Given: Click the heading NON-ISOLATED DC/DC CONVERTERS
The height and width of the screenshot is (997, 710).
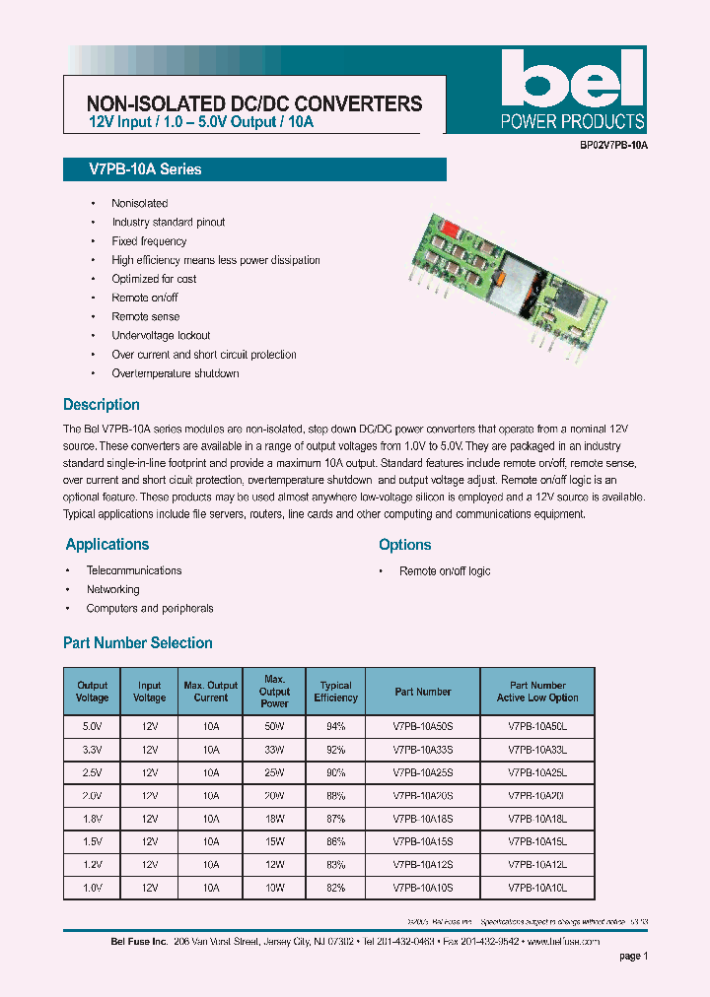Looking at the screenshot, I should (254, 103).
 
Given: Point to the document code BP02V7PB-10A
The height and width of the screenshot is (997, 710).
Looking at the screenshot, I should (613, 145).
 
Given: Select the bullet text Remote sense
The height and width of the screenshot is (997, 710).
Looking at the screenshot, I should (146, 316).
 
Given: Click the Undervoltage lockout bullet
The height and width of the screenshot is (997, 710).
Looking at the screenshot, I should (161, 335).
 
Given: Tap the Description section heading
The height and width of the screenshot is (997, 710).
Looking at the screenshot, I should (102, 405).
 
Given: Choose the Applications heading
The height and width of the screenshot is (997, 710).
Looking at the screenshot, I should (107, 545).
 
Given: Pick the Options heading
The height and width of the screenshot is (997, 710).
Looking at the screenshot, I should (405, 545).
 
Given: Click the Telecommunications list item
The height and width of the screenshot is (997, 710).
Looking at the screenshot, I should (134, 570).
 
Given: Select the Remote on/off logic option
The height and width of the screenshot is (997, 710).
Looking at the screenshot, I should (445, 571).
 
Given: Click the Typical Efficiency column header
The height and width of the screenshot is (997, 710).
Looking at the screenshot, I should (336, 692).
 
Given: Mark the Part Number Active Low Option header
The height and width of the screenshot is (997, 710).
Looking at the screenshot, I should (537, 692).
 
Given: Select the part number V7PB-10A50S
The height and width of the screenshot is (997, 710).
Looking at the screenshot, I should (422, 726).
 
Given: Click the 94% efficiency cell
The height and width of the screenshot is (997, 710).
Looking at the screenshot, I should (336, 726).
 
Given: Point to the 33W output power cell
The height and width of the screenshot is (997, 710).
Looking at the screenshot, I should (275, 749).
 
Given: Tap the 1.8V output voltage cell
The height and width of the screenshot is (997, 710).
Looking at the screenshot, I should (93, 818).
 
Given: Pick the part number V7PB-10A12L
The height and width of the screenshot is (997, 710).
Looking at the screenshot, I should (537, 864).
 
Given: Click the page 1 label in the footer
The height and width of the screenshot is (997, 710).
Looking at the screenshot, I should (633, 956).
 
